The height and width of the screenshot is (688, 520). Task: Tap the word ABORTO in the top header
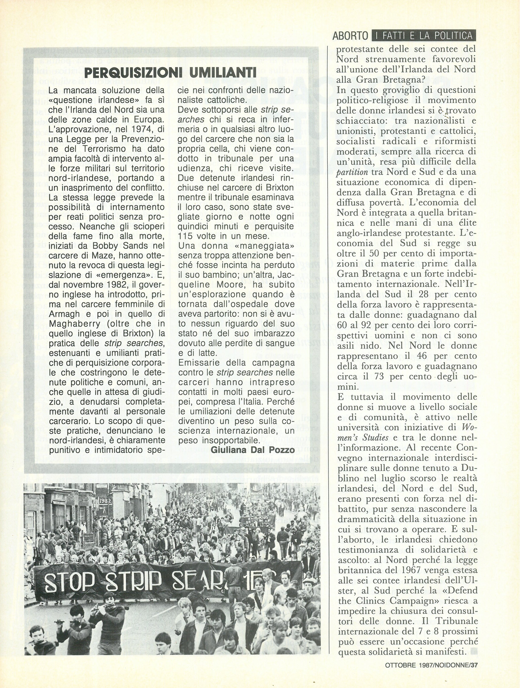[x=350, y=36]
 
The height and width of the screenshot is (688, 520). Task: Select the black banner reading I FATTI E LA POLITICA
[x=424, y=36]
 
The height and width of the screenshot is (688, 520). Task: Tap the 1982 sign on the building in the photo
[x=105, y=500]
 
